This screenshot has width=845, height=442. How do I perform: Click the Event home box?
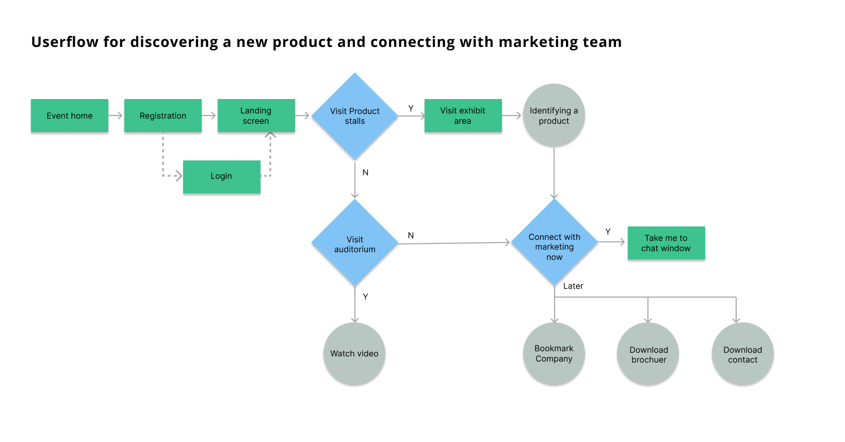tap(70, 116)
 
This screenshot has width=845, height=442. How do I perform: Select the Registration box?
tap(163, 116)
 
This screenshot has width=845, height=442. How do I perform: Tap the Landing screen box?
tap(256, 116)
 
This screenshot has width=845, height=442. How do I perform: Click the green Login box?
tap(221, 176)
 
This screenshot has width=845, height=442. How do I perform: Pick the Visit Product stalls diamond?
tap(355, 116)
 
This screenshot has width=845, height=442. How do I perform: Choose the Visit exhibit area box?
tap(463, 116)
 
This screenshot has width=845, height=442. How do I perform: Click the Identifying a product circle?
tap(554, 116)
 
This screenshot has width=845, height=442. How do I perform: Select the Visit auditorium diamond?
tap(355, 243)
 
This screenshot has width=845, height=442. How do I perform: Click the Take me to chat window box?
tap(666, 243)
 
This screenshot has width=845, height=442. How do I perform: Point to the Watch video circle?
tap(354, 354)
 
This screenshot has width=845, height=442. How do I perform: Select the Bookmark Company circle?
tap(554, 354)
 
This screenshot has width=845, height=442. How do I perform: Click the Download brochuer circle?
tap(648, 354)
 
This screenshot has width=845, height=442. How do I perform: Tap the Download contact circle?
tap(742, 354)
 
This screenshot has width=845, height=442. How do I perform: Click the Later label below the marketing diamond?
tap(573, 286)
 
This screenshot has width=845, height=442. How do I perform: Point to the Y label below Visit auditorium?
tap(365, 297)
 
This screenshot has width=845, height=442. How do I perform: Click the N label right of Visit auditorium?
tap(411, 235)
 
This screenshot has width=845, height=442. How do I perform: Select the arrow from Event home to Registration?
tap(116, 116)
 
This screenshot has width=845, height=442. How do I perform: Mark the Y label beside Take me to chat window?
tap(608, 232)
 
